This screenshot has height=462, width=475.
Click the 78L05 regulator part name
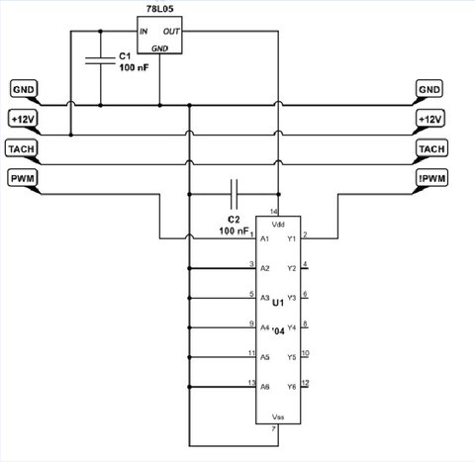[159, 9]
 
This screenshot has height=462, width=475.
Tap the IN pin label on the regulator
[143, 32]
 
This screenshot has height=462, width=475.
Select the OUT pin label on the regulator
[171, 32]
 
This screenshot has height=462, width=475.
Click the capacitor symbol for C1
[100, 60]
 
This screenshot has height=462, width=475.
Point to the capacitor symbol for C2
[234, 194]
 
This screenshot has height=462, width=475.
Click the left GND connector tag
[24, 89]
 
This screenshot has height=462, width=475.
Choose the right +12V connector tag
[430, 119]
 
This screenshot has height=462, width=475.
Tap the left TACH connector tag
[22, 148]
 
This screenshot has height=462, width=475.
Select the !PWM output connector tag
[431, 178]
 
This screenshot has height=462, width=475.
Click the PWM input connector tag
[22, 178]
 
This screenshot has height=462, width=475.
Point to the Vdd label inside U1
[278, 225]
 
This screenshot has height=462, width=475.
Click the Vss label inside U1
[278, 416]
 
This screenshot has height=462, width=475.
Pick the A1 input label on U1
[264, 238]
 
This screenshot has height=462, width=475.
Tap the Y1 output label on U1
[292, 238]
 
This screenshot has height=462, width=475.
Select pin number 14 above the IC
[274, 212]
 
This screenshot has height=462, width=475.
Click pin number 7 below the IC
[273, 429]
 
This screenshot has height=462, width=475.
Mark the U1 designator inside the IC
[278, 302]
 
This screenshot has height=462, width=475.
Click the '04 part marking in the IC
[278, 330]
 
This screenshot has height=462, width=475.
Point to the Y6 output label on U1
[292, 387]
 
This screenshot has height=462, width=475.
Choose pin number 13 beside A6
[251, 383]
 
